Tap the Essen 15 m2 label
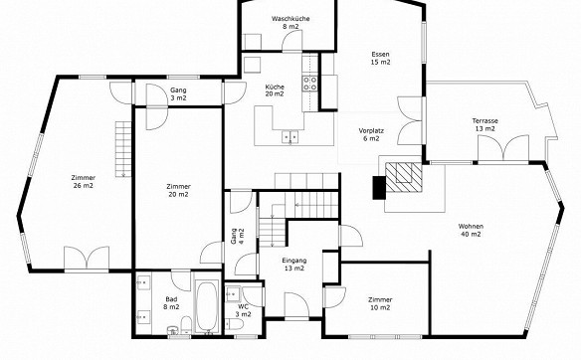[x=381, y=58]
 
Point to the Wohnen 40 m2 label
[x=471, y=230]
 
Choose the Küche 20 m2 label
[x=275, y=90]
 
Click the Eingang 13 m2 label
[x=294, y=265]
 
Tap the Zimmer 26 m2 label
[x=84, y=181]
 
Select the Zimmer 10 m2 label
[x=380, y=303]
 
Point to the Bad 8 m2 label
[x=171, y=303]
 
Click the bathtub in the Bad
[x=206, y=306]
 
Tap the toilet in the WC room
[x=235, y=325]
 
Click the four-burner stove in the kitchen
[x=310, y=84]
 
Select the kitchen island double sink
[x=290, y=136]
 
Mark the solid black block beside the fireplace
[x=379, y=187]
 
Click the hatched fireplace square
[x=404, y=177]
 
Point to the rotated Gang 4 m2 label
[x=237, y=236]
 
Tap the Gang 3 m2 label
[x=178, y=94]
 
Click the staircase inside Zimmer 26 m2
[x=123, y=149]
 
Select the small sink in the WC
[x=233, y=294]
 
